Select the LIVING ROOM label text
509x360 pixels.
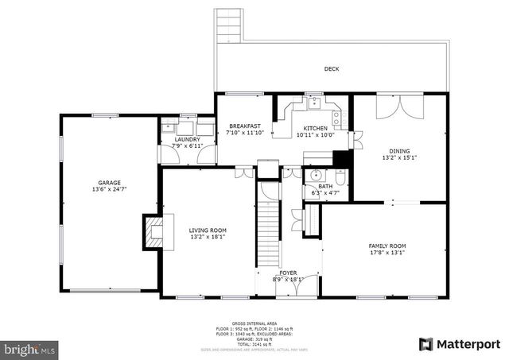208,230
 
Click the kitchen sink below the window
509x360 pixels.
314,103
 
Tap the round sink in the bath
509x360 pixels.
316,175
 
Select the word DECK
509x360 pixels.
332,69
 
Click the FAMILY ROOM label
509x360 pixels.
387,246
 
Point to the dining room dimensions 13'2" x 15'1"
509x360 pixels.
399,157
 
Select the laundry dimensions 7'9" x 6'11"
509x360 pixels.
187,146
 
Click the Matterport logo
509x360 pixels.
460,344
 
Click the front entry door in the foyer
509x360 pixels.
287,288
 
